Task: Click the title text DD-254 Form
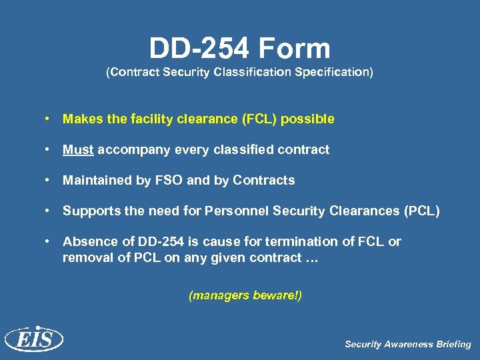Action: (x=239, y=49)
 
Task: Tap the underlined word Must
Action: (x=78, y=149)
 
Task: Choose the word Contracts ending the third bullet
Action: (x=264, y=180)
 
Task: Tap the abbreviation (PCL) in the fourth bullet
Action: (x=422, y=211)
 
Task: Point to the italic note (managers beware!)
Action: (x=245, y=295)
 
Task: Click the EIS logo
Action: (x=34, y=340)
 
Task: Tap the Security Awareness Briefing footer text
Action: (x=407, y=345)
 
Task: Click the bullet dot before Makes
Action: (x=49, y=119)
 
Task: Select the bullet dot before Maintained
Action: (x=49, y=180)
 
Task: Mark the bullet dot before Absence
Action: (x=49, y=241)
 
